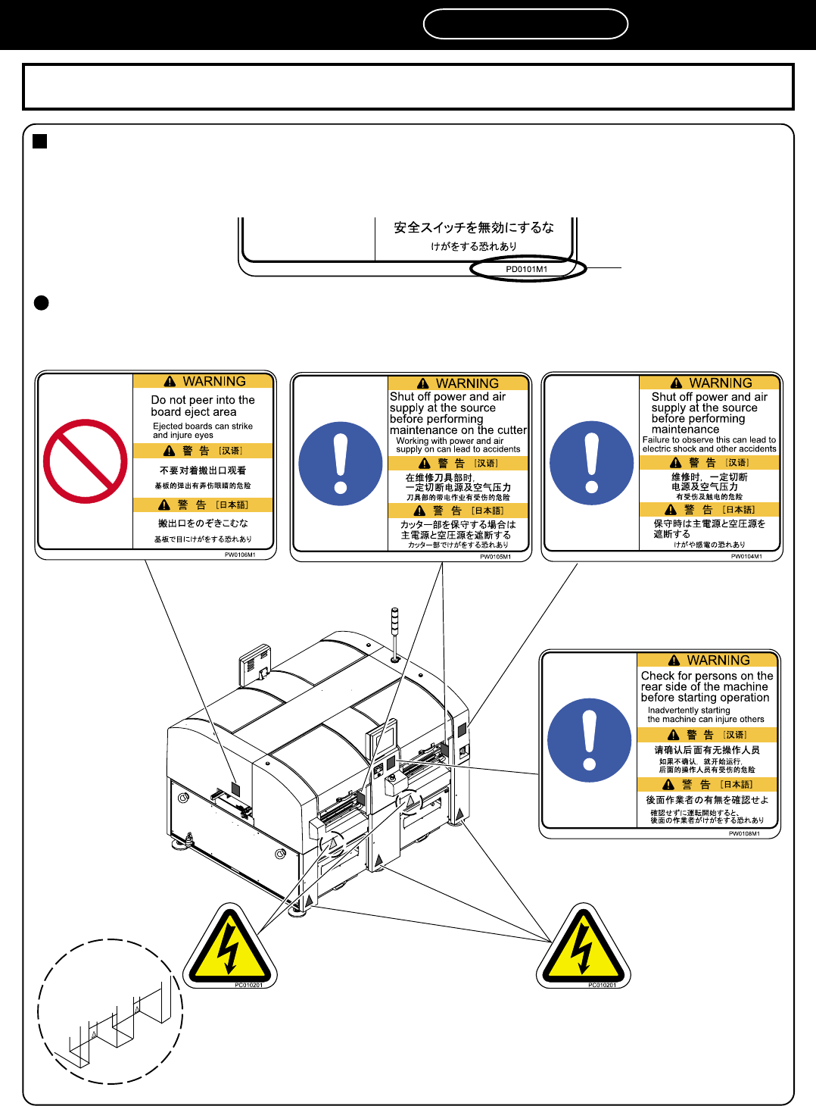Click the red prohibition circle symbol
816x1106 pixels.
tap(85, 461)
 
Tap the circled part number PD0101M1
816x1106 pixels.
tap(527, 269)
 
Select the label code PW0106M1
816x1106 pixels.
tap(240, 555)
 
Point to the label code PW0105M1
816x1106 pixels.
tap(495, 557)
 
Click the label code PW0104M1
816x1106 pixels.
tap(746, 556)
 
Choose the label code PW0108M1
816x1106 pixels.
tap(744, 833)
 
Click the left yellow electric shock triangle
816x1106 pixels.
tap(229, 948)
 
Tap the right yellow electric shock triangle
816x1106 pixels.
tap(583, 948)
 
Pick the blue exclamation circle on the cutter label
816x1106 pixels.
tap(341, 464)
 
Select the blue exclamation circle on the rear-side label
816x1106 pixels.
tap(589, 740)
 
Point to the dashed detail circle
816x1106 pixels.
tap(111, 1011)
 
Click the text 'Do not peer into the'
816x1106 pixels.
tap(203, 400)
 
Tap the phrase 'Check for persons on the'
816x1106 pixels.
tap(707, 676)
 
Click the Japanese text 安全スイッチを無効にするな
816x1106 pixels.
tap(474, 227)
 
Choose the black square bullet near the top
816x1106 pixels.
tap(40, 142)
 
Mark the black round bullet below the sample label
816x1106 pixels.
tap(42, 303)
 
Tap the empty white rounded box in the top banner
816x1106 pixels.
tap(525, 24)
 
